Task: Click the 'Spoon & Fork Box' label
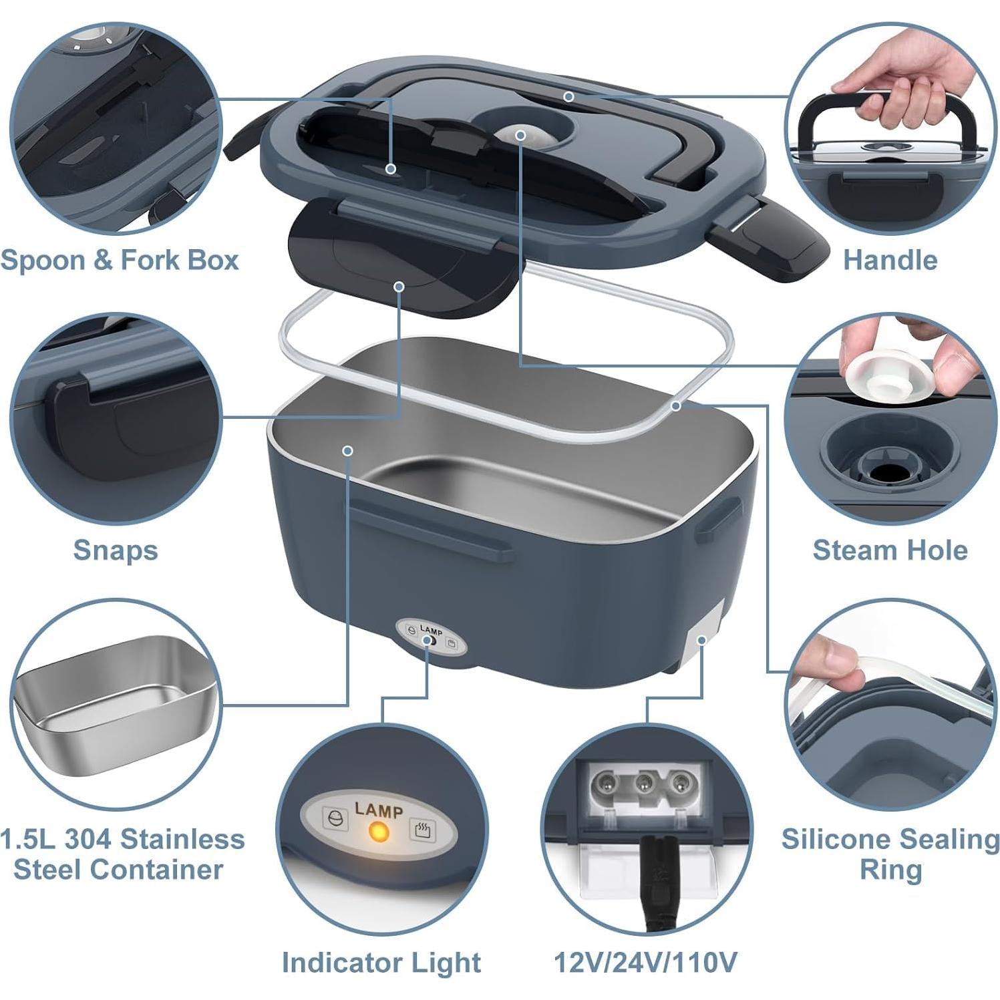[x=120, y=260]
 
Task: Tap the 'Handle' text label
[x=890, y=260]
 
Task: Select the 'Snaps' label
[x=116, y=550]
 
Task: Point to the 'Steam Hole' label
[x=890, y=550]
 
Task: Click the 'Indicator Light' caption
[x=381, y=963]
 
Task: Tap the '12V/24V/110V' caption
[x=645, y=963]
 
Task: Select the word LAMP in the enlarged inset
[x=379, y=810]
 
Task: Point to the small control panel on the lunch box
[x=431, y=639]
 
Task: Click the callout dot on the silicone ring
[x=677, y=405]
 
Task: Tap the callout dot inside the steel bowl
[x=347, y=451]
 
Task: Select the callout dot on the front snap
[x=399, y=287]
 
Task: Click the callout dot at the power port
[x=701, y=640]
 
